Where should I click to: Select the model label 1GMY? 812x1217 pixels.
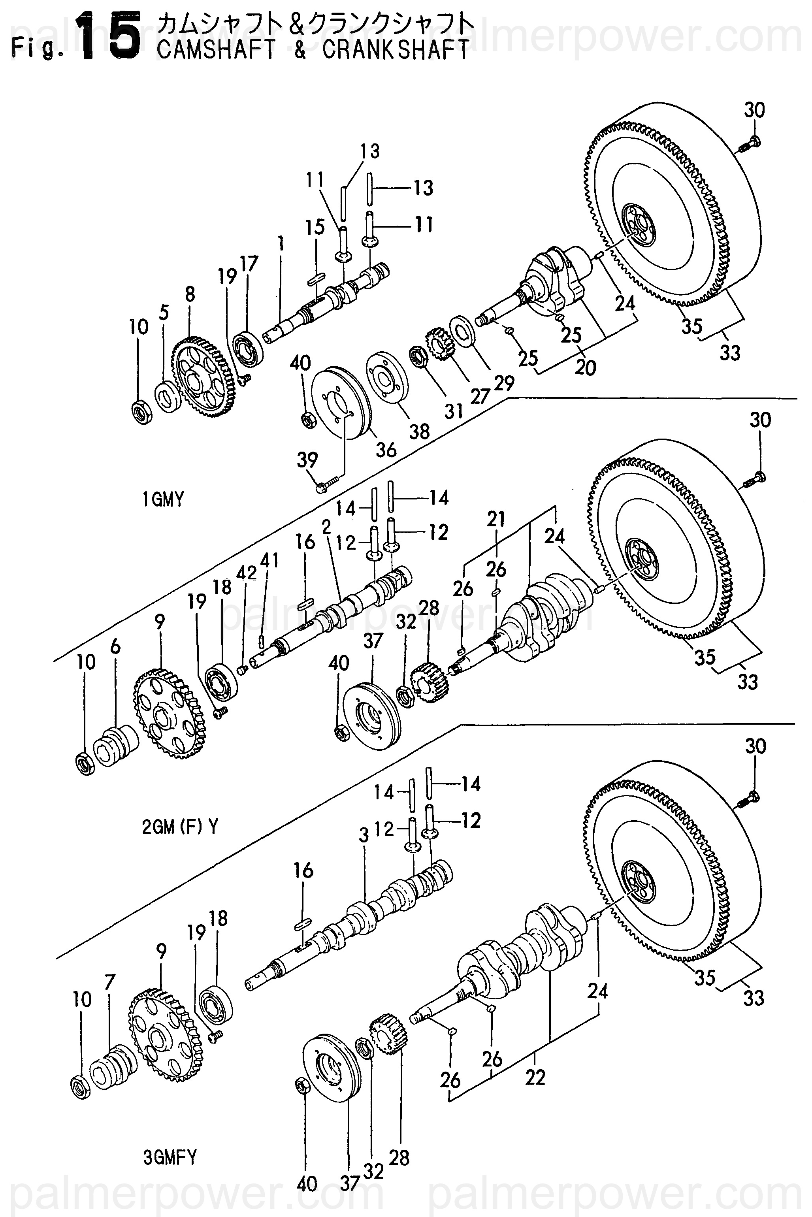(163, 500)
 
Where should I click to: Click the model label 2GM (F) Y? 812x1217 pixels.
(180, 827)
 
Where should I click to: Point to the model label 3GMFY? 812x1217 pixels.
(170, 1157)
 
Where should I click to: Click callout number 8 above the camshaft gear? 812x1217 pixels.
(190, 294)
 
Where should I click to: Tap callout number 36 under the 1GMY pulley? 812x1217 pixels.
(386, 450)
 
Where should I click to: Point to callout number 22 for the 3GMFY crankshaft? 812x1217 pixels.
(535, 1078)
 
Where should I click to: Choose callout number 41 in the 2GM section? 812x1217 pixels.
(269, 560)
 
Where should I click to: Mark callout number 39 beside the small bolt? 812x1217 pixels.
(307, 460)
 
